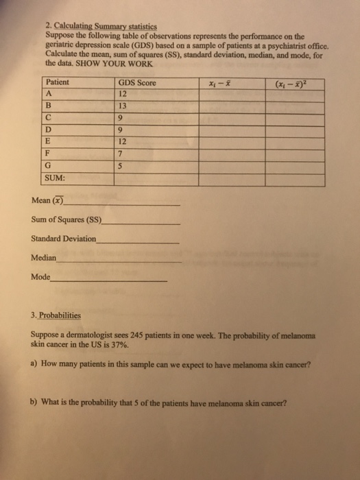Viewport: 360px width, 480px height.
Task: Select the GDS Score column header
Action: point(137,83)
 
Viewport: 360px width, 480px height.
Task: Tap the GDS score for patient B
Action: point(123,107)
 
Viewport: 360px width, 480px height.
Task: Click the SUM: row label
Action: point(54,178)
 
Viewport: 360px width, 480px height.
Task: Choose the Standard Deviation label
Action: point(64,240)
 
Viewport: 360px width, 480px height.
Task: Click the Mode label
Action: point(40,278)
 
